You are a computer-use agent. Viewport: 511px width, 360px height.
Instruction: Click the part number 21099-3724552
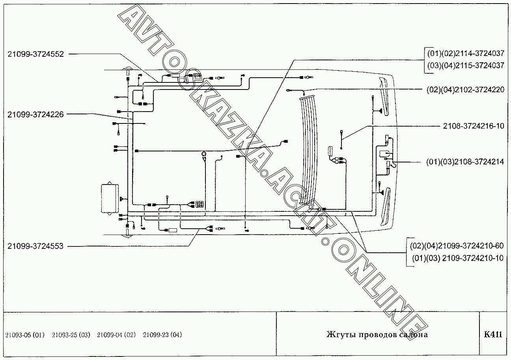[x=35, y=54]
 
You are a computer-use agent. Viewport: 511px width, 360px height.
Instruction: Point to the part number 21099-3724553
[x=35, y=246]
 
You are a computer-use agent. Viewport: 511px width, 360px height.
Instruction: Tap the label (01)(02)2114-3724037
[x=465, y=53]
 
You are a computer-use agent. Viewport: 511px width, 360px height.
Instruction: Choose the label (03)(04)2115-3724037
[x=465, y=65]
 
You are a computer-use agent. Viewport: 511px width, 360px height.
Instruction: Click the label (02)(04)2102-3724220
[x=465, y=90]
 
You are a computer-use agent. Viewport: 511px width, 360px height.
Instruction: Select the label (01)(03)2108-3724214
[x=465, y=162]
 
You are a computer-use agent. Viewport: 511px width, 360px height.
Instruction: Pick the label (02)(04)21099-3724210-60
[x=457, y=246]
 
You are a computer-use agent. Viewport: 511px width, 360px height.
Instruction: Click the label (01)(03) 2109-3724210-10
[x=458, y=258]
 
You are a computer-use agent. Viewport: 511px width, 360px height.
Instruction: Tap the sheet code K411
[x=493, y=335]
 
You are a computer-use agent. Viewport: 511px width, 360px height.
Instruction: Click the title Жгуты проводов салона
[x=377, y=335]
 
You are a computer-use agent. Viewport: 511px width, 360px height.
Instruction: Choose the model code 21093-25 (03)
[x=71, y=335]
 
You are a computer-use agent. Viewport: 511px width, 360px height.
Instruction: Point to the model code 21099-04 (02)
[x=116, y=335]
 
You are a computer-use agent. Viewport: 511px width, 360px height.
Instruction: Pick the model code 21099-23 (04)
[x=162, y=335]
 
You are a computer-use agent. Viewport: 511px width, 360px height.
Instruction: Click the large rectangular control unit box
[x=110, y=198]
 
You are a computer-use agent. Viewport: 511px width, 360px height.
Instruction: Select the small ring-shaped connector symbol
[x=203, y=153]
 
